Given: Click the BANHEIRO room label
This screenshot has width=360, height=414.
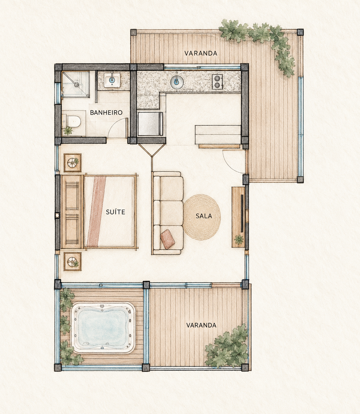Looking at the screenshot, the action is (x=106, y=113).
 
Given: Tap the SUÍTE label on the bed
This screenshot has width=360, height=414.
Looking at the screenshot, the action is (x=115, y=212).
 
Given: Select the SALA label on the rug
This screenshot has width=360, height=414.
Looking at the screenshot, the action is (x=204, y=216).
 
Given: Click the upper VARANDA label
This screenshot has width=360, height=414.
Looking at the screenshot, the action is (x=201, y=53).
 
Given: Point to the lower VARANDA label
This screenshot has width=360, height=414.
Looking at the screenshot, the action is (x=201, y=325).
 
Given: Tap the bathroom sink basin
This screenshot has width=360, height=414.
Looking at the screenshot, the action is (x=112, y=80).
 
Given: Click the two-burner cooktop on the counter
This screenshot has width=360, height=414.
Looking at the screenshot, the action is (x=217, y=81).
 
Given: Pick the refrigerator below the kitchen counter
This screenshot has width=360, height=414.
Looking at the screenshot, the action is (x=150, y=124).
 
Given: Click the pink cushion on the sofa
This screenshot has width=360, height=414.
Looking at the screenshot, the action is (x=167, y=239).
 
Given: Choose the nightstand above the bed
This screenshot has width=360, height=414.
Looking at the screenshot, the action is (x=73, y=163).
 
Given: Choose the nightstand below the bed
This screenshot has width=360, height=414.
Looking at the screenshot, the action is (x=73, y=261).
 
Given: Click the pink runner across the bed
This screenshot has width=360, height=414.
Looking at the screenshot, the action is (x=96, y=212).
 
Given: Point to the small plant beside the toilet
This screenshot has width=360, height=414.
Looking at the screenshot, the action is (x=68, y=131).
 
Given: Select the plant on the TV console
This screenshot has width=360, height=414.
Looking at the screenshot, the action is (x=239, y=239).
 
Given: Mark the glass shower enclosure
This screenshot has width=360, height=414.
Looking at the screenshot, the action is (x=75, y=84).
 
